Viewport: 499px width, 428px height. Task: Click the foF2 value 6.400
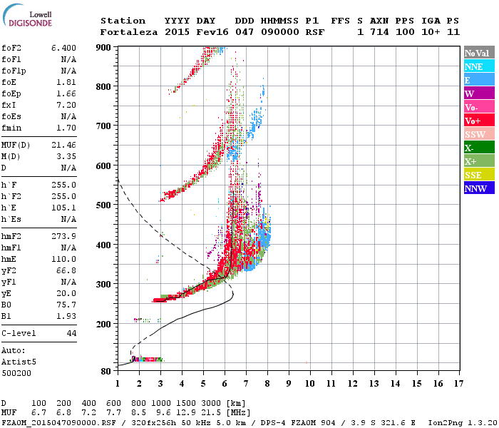[63, 48]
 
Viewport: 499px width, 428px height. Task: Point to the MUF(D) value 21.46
[63, 145]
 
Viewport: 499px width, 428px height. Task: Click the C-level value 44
[71, 333]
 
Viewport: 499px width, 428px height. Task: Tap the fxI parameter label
[9, 105]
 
